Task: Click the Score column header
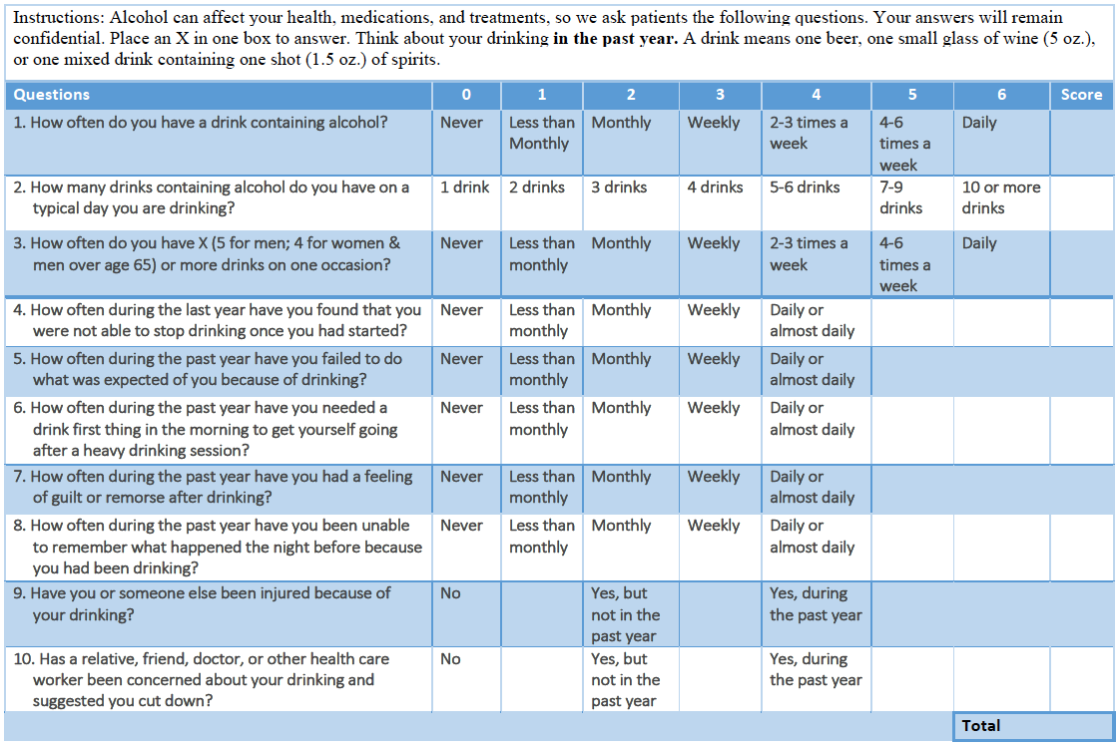point(1081,95)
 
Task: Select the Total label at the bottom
point(981,726)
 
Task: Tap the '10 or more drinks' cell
point(1000,197)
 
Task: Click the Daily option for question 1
point(979,123)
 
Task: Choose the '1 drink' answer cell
point(464,187)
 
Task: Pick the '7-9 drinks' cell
point(900,197)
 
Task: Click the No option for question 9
point(450,593)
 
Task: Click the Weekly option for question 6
point(714,408)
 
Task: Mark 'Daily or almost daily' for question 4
point(812,320)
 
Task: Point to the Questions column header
point(52,95)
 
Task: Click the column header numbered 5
point(911,95)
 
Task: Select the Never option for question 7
point(461,477)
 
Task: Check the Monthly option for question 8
point(621,526)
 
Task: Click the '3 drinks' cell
point(619,187)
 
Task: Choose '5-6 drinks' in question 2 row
point(805,187)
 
